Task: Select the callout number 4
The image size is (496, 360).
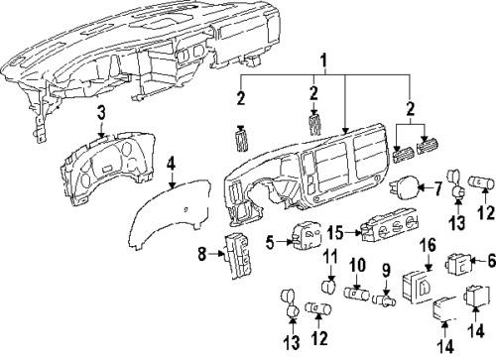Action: pyautogui.click(x=172, y=161)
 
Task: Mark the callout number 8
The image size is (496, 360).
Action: pyautogui.click(x=203, y=282)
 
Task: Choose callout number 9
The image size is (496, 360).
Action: pyautogui.click(x=388, y=297)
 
